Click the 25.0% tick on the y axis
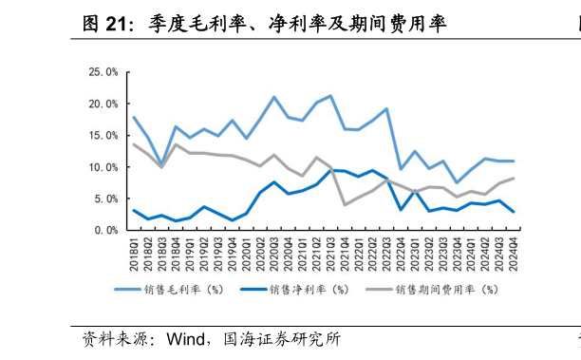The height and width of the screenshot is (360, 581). point(103,71)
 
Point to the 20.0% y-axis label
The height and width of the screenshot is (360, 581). point(103,104)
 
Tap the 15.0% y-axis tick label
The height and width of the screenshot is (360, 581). point(103,135)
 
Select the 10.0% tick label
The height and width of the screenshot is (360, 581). point(103,167)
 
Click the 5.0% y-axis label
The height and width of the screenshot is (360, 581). point(106,199)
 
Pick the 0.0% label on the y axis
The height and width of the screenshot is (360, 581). point(106,230)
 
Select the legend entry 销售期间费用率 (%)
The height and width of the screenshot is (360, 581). point(437,289)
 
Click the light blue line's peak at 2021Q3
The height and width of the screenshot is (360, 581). point(330,96)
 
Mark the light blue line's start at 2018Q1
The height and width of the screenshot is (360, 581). point(134,117)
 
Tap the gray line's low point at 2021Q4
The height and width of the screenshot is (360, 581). point(345,204)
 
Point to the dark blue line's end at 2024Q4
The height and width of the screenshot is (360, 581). point(514,212)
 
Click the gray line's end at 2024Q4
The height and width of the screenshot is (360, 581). point(514,179)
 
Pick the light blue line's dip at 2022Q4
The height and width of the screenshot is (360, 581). point(401,168)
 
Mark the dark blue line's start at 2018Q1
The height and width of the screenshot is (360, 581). point(134,210)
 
